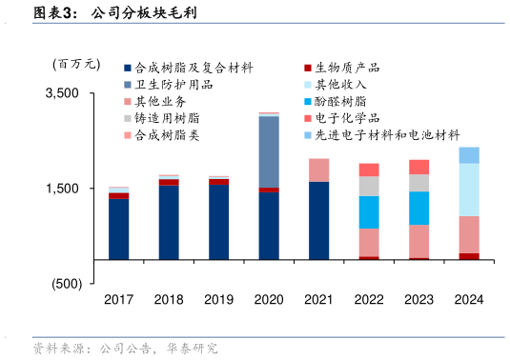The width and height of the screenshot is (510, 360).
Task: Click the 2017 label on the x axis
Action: point(118,299)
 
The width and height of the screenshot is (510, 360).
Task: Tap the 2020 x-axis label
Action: point(269,299)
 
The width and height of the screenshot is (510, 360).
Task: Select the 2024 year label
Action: point(469,299)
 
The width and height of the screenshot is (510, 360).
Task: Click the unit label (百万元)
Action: point(75,65)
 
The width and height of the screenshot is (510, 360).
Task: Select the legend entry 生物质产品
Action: point(347,69)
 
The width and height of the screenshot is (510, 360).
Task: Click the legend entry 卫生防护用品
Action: point(173,85)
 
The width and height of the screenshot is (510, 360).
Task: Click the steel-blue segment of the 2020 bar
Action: point(269,150)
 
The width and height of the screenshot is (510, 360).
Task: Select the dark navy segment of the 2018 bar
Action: point(169,222)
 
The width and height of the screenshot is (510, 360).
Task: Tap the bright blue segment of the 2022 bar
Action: point(369,211)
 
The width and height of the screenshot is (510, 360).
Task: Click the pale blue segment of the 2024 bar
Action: point(469,190)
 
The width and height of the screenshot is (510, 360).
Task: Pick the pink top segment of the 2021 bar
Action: point(318,170)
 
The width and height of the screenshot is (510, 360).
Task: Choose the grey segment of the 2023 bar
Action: point(419,183)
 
